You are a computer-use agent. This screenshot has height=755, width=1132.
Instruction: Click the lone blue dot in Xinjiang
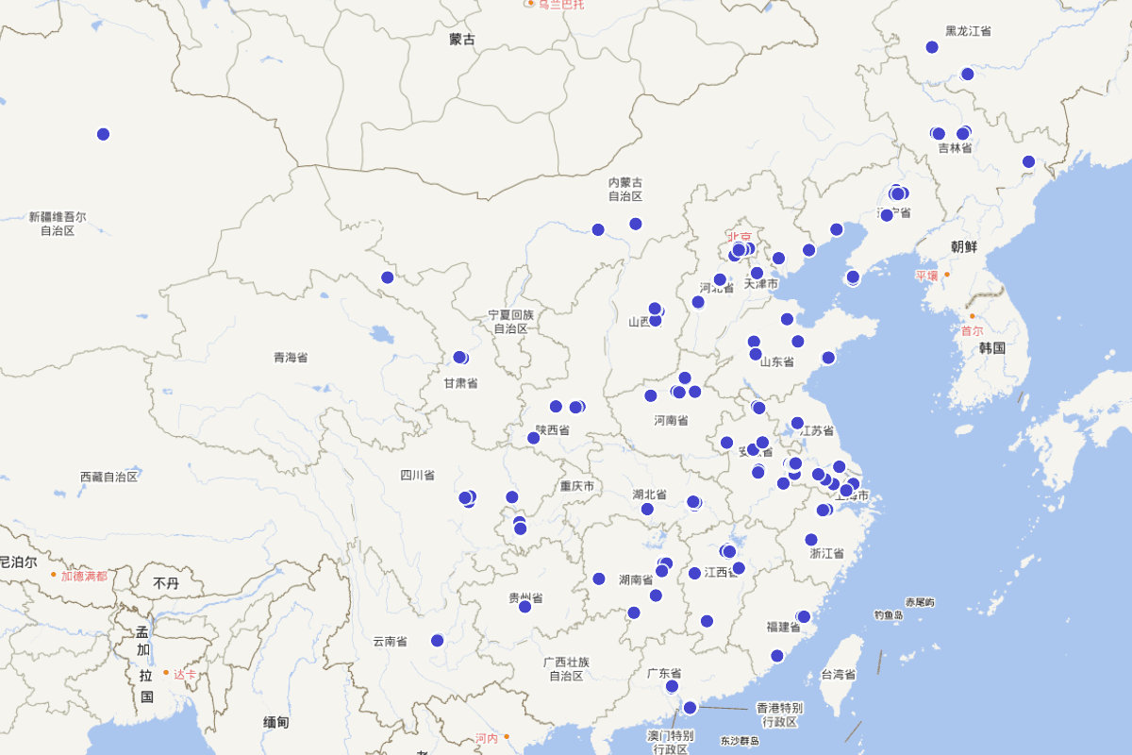pyautogui.click(x=103, y=134)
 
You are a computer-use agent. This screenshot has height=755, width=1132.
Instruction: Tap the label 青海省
pyautogui.click(x=291, y=357)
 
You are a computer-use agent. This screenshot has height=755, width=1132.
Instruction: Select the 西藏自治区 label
pyautogui.click(x=108, y=477)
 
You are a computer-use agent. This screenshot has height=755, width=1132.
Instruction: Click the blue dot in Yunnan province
pyautogui.click(x=437, y=641)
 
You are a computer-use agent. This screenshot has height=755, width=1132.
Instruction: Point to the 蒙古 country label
pyautogui.click(x=462, y=40)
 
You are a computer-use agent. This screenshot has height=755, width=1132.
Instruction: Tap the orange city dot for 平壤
pyautogui.click(x=947, y=274)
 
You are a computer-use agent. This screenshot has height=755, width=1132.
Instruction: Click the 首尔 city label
pyautogui.click(x=972, y=330)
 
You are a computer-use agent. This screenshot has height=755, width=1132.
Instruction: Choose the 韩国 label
pyautogui.click(x=991, y=347)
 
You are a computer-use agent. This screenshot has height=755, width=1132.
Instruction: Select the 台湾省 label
pyautogui.click(x=838, y=675)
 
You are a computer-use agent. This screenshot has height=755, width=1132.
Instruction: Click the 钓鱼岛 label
pyautogui.click(x=888, y=615)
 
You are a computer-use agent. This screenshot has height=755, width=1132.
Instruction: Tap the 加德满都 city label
pyautogui.click(x=84, y=575)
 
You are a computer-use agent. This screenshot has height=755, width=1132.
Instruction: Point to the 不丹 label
pyautogui.click(x=166, y=583)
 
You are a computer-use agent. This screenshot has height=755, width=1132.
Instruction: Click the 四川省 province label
pyautogui.click(x=416, y=475)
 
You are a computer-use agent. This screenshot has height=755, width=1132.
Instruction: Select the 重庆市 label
pyautogui.click(x=576, y=486)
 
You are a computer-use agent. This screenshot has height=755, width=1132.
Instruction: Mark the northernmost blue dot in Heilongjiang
pyautogui.click(x=932, y=47)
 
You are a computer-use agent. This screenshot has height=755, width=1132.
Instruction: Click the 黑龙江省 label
pyautogui.click(x=968, y=31)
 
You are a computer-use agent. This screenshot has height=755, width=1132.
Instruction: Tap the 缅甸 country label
pyautogui.click(x=275, y=722)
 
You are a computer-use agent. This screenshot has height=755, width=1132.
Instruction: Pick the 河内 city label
pyautogui.click(x=486, y=738)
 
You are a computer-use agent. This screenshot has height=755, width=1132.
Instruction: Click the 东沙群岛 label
pyautogui.click(x=740, y=741)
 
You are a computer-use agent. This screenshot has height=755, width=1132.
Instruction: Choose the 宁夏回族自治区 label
pyautogui.click(x=510, y=321)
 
